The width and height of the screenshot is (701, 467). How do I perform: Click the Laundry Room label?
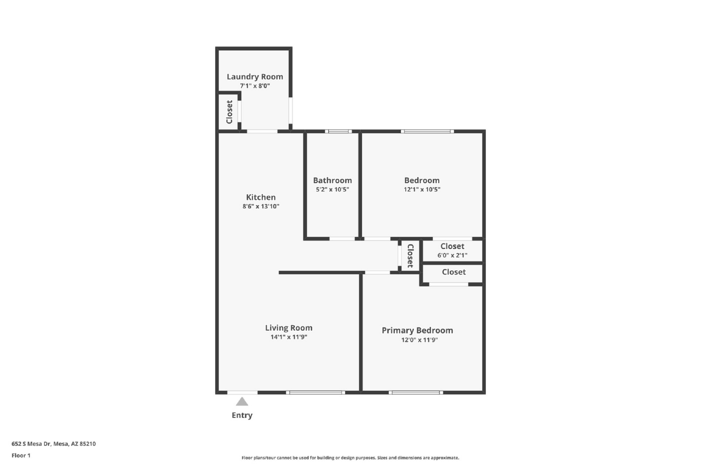point(255,77)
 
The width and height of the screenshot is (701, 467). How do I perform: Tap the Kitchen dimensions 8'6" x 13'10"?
point(261,206)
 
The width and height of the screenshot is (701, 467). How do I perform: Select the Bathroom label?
point(333,180)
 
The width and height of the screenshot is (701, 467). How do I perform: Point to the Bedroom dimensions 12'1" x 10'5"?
point(422,189)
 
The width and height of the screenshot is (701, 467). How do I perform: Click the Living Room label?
point(289,328)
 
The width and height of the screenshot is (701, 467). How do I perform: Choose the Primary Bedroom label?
point(417,330)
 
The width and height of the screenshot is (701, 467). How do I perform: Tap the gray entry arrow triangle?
point(242,402)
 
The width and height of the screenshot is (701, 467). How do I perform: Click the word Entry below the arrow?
point(242,415)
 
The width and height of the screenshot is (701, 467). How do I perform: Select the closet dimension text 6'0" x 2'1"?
point(452,255)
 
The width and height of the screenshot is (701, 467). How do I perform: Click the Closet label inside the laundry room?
point(230,112)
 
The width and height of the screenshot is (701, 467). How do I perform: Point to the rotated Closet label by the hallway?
point(410,256)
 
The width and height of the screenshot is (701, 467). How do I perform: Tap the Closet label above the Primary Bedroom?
point(453,272)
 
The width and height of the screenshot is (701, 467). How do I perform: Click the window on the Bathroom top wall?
point(338,131)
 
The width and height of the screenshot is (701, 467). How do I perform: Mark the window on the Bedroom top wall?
point(427,131)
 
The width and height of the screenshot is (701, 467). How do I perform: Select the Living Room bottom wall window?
point(315,393)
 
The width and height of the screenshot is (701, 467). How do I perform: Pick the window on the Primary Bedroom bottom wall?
point(416,393)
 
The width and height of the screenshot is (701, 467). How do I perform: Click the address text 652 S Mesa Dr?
point(31,444)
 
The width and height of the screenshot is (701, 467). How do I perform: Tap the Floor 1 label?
point(21,456)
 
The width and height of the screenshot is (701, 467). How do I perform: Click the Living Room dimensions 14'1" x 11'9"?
point(289,337)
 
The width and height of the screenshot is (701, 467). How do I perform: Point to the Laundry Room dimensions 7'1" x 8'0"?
point(255,86)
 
